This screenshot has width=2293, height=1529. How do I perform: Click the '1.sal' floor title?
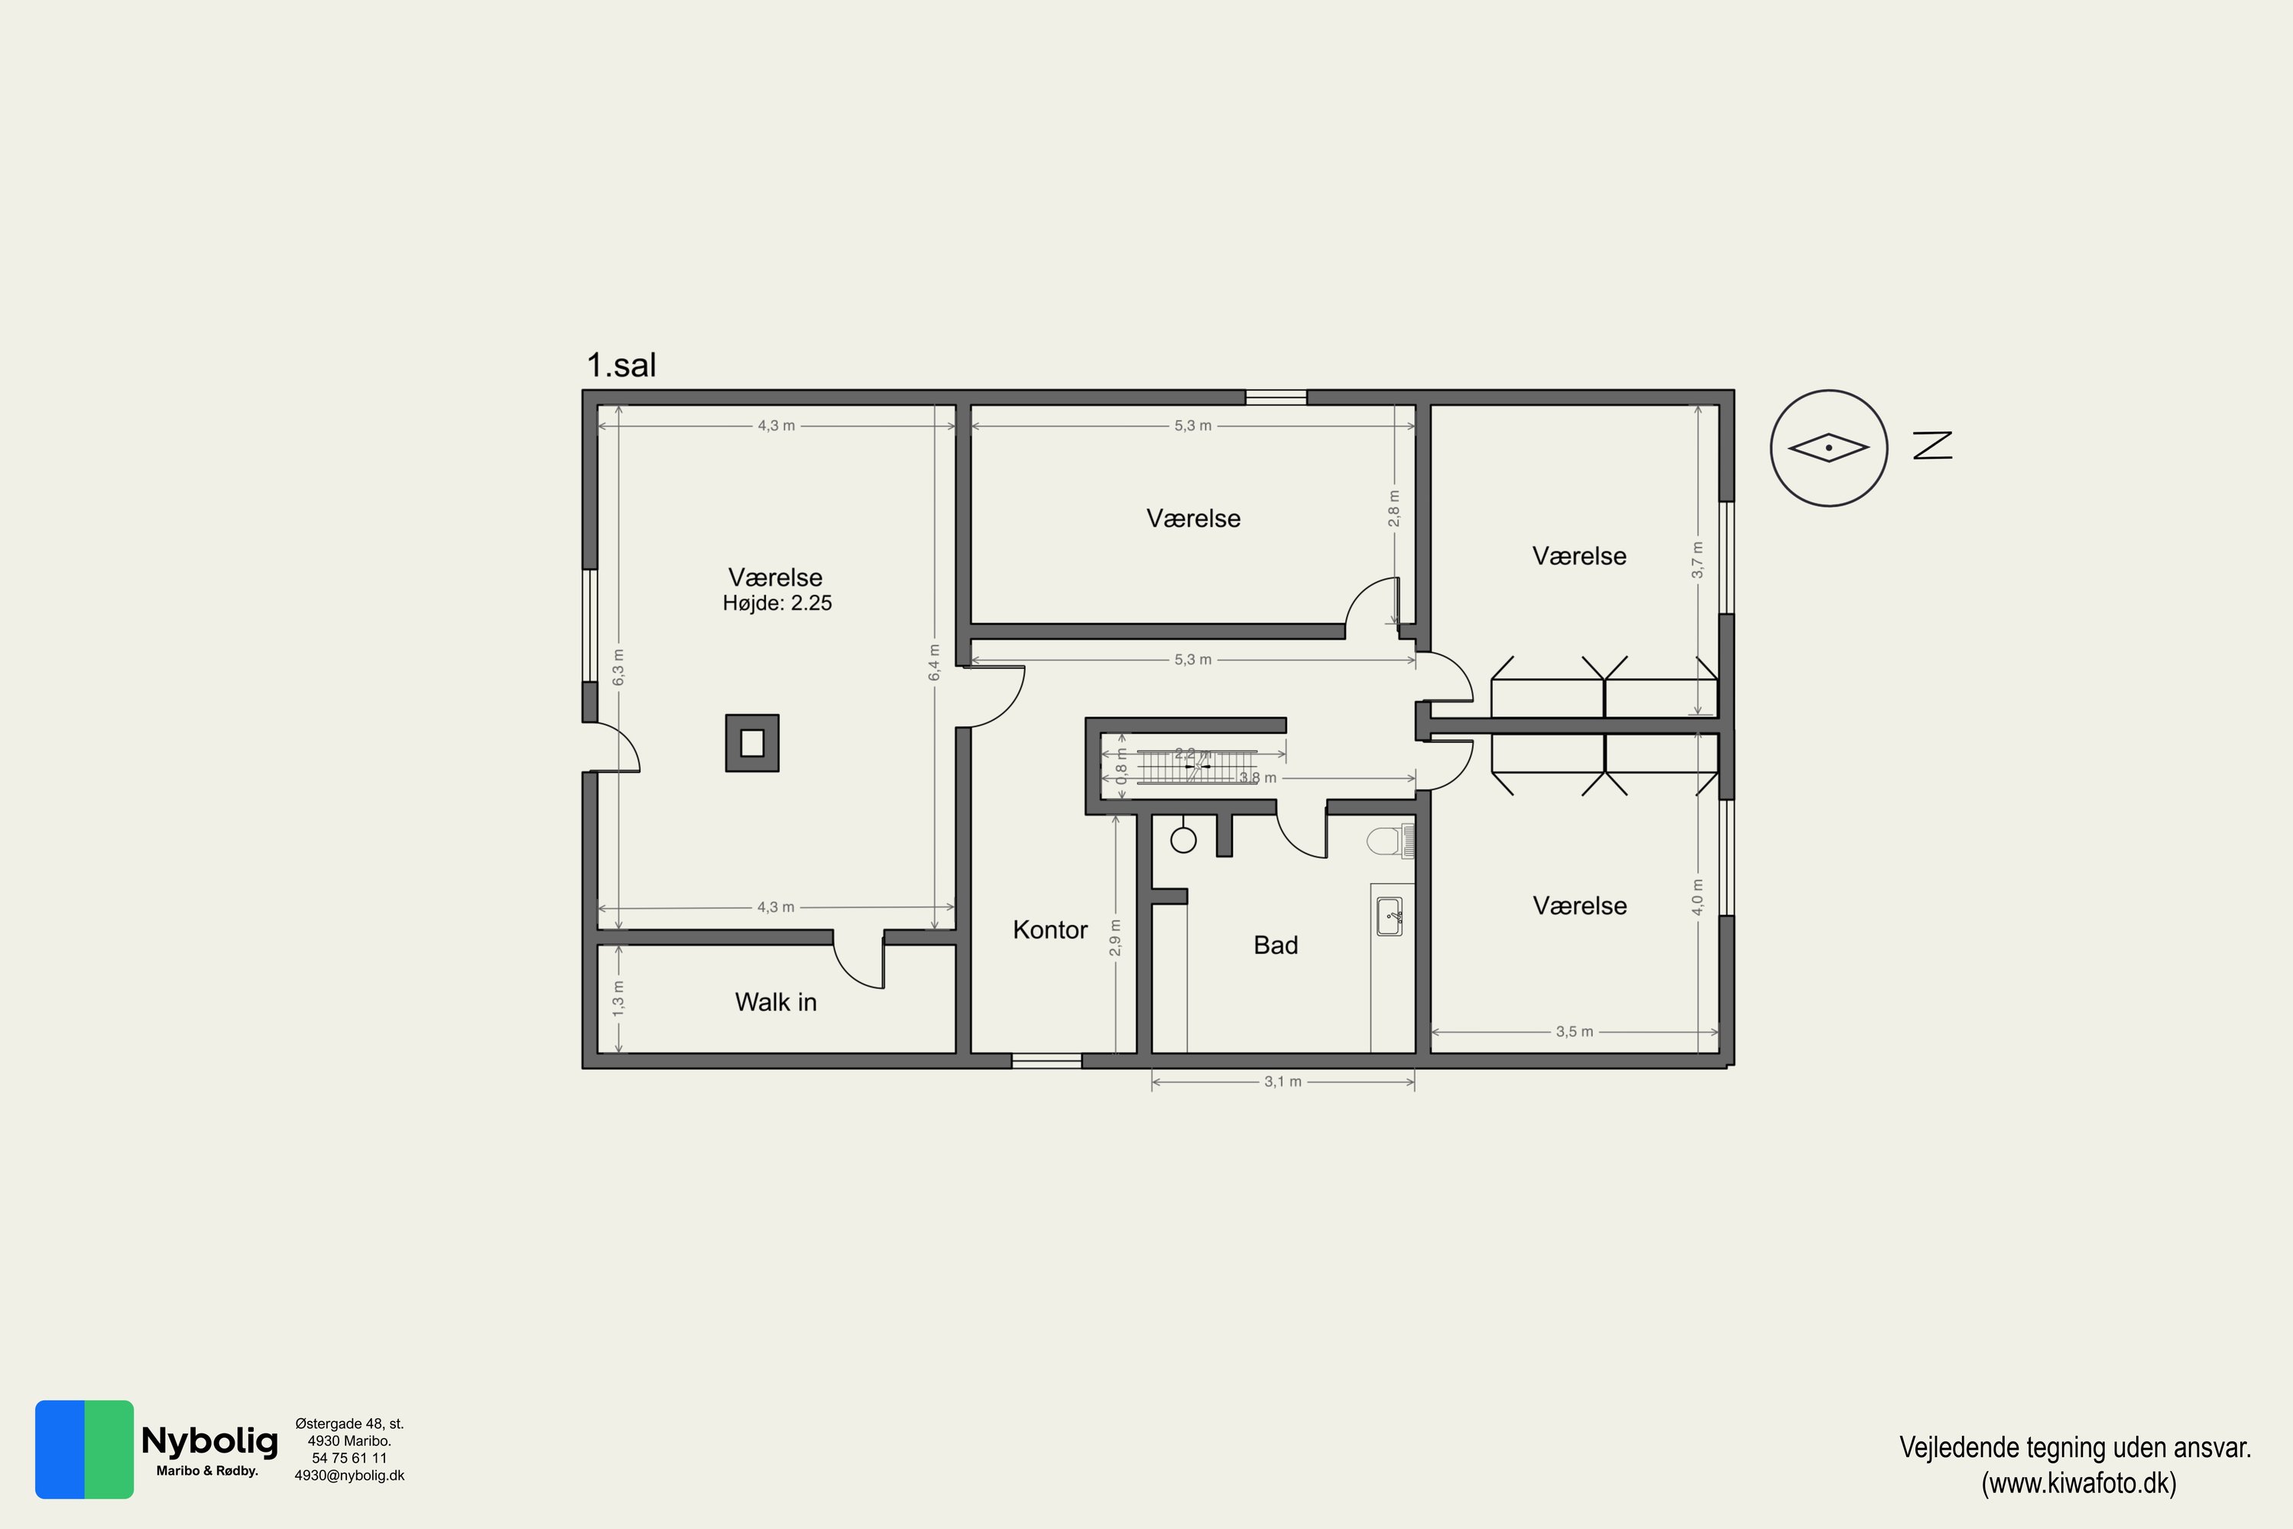click(x=621, y=365)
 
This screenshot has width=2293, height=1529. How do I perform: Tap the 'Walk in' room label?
click(x=776, y=1002)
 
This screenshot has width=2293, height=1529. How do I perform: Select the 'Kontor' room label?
click(x=1050, y=930)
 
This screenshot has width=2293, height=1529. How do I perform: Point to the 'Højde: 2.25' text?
click(x=777, y=604)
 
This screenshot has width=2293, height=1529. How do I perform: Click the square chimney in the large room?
click(x=751, y=743)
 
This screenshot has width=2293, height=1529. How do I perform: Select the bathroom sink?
click(x=1390, y=917)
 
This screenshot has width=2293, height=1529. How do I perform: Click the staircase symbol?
click(x=1197, y=767)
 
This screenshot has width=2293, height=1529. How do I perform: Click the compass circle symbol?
click(x=1829, y=449)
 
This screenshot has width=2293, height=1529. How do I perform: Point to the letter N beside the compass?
click(x=1932, y=446)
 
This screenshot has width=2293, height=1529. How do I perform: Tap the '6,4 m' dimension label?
click(x=934, y=663)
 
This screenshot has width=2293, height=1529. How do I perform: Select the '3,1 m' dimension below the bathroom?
click(x=1283, y=1082)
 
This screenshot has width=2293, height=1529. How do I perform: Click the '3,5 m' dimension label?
click(x=1575, y=1031)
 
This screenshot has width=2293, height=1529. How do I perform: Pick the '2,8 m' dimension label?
click(x=1394, y=509)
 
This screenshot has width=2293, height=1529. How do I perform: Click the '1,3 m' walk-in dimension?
click(x=618, y=999)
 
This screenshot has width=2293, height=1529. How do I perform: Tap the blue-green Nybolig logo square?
click(x=85, y=1449)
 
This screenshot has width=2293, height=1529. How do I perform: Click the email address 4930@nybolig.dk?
click(x=349, y=1475)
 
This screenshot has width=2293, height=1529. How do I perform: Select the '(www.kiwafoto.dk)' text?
click(x=2078, y=1483)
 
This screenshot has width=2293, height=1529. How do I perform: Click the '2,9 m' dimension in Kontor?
click(x=1115, y=938)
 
